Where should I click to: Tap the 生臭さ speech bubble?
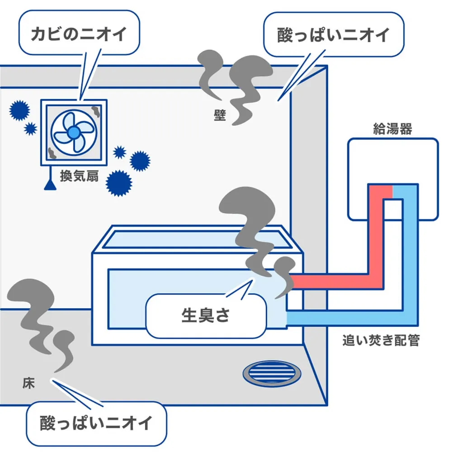[206, 315]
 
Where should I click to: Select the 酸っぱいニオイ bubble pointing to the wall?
[334, 35]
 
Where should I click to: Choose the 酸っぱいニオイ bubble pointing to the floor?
[96, 424]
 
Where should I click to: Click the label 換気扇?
[79, 176]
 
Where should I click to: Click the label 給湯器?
[392, 129]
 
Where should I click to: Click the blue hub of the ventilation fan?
[74, 132]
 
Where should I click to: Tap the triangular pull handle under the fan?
[49, 184]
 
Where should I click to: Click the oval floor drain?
[272, 373]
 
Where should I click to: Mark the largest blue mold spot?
[119, 183]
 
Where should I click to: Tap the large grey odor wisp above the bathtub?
[253, 226]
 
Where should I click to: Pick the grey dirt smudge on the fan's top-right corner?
[96, 110]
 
